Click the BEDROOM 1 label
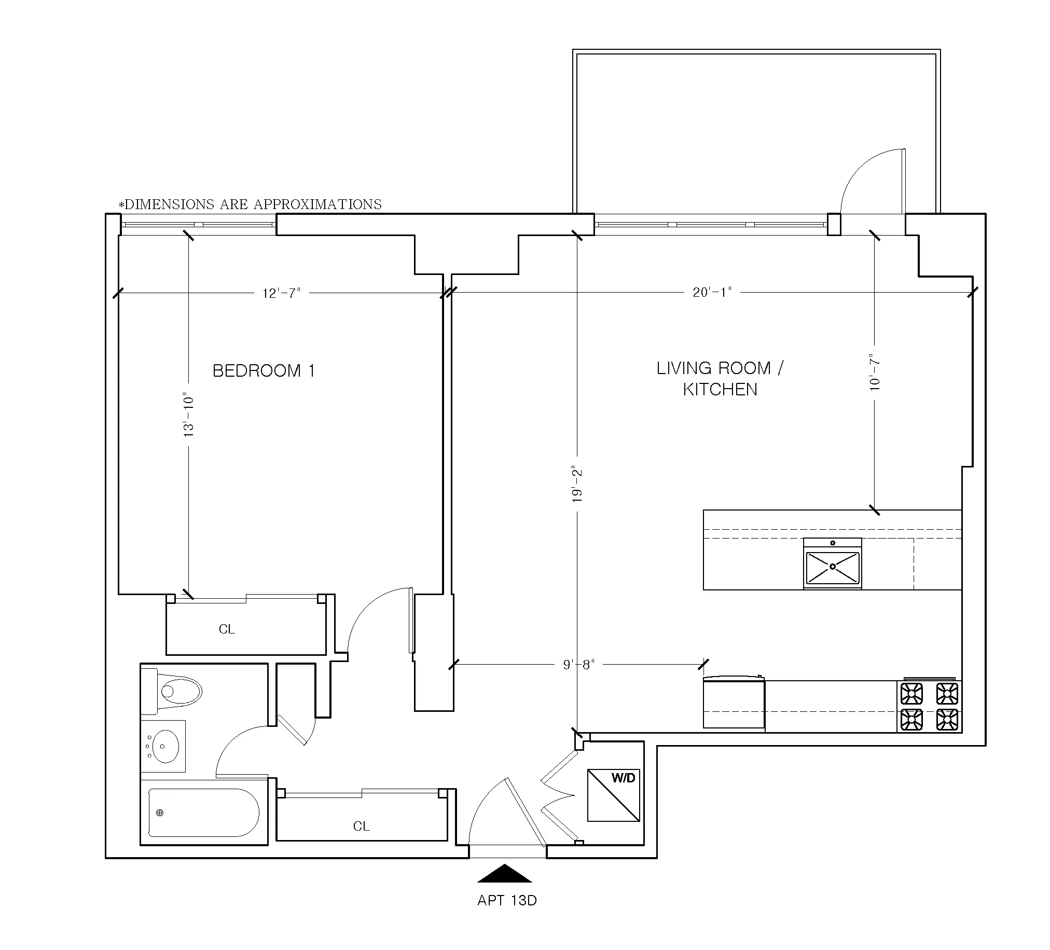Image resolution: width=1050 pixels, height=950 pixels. [264, 371]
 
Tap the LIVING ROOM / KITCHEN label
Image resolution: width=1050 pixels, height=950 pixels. [720, 379]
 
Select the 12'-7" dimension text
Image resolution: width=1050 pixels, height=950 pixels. [281, 293]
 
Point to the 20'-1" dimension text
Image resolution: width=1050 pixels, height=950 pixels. [712, 292]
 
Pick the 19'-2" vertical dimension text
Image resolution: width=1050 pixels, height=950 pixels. [577, 485]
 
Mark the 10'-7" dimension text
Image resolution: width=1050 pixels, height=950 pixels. [875, 373]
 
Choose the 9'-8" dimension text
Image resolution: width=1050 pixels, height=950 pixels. [578, 665]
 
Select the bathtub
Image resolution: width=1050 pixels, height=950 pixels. [204, 813]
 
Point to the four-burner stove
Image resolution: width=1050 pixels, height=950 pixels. [929, 707]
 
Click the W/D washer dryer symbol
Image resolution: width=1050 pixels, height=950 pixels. [614, 795]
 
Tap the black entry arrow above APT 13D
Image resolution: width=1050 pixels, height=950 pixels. [504, 874]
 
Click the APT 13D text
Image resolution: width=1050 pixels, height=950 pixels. [507, 901]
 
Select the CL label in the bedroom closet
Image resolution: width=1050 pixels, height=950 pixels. [227, 629]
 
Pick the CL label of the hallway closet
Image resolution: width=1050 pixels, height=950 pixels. [361, 826]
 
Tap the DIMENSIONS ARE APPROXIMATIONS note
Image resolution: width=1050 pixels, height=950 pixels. [251, 204]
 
